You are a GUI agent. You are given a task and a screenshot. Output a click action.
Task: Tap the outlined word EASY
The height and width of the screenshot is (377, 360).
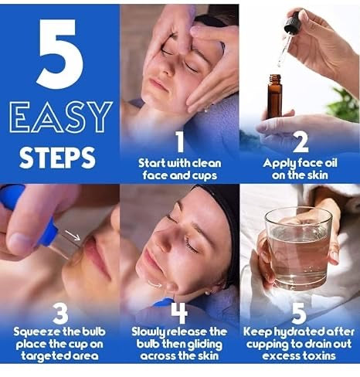pyautogui.click(x=60, y=117)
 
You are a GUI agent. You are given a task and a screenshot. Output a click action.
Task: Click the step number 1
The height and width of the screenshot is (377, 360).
pyautogui.click(x=179, y=142)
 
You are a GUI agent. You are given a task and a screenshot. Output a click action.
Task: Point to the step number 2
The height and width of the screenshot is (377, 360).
pyautogui.click(x=300, y=142)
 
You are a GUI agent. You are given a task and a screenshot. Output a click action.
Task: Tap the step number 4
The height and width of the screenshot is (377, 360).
pyautogui.click(x=179, y=312)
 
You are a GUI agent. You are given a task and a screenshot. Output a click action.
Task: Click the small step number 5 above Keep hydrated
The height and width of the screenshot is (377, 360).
pyautogui.click(x=300, y=312)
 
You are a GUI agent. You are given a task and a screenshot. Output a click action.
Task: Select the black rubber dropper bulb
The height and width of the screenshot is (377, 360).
pyautogui.click(x=292, y=23)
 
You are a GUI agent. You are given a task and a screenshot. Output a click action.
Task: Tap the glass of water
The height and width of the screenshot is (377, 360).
pyautogui.click(x=298, y=247)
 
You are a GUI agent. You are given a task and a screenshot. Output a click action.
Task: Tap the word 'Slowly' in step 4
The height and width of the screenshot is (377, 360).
pyautogui.click(x=150, y=331)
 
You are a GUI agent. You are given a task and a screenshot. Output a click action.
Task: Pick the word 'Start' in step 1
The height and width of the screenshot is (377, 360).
pyautogui.click(x=153, y=163)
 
